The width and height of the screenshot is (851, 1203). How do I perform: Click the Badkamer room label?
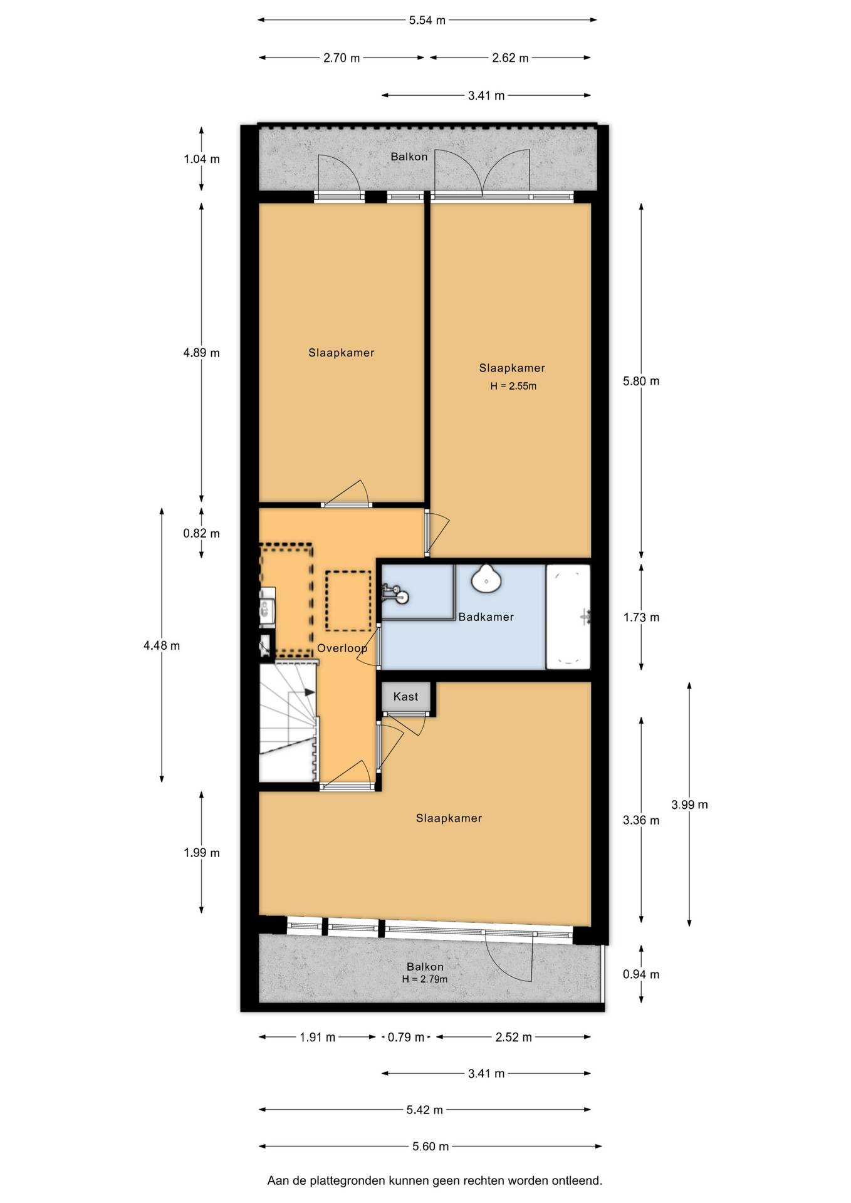486,617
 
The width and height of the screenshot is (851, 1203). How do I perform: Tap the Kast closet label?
405,697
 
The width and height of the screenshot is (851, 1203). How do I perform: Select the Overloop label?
342,648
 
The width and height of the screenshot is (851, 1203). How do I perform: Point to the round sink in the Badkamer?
486,578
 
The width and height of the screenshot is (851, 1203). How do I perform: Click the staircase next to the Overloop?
288,723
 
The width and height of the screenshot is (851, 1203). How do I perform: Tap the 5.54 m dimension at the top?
427,20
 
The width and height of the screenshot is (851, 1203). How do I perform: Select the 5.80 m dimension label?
641,381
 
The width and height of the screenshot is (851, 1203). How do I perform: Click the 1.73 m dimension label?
641,617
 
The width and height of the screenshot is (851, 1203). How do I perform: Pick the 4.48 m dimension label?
162,645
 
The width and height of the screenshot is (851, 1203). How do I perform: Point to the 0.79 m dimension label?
406,1037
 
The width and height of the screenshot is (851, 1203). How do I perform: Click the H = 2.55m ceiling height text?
513,386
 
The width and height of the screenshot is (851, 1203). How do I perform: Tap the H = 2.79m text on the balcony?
425,979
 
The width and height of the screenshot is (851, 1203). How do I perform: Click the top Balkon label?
409,157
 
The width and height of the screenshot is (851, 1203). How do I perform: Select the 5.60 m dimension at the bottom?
431,1147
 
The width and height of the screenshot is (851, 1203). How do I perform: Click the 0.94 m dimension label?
641,974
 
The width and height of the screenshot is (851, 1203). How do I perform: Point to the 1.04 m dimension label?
202,159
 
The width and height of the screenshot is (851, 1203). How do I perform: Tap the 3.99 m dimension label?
689,805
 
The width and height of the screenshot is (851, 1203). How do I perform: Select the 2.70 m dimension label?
342,58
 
